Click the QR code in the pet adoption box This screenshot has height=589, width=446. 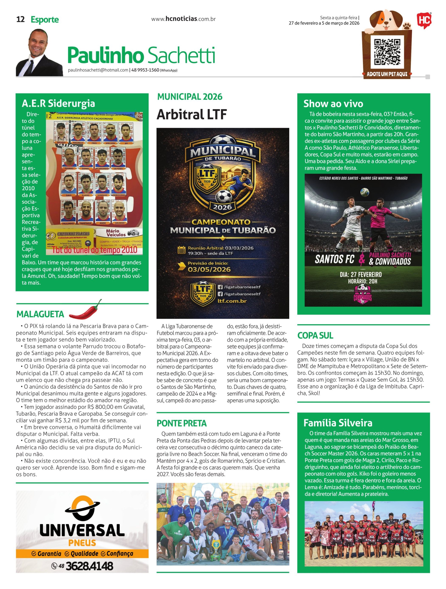387,52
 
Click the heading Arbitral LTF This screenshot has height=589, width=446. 191,114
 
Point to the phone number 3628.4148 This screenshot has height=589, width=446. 89,566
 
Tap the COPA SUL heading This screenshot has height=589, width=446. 315,335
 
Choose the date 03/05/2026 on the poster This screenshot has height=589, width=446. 209,269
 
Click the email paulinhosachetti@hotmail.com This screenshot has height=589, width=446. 98,70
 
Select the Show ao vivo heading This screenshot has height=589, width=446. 333,104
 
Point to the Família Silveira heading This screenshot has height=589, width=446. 338,423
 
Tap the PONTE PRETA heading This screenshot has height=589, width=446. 182,423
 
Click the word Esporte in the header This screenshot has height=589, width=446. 45,20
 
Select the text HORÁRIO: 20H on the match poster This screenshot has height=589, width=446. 362,281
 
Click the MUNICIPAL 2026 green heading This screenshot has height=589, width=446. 190,97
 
